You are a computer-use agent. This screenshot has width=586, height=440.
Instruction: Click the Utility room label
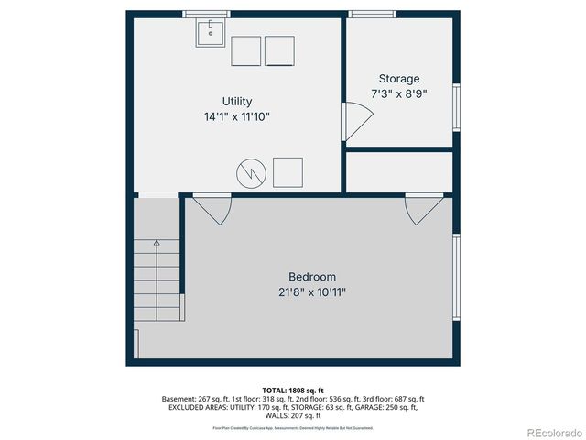[237, 102]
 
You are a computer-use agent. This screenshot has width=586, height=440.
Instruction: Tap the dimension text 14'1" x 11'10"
[237, 117]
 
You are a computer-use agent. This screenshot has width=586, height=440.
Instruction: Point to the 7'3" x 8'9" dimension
[399, 93]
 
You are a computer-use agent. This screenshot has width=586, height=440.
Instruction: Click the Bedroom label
[312, 277]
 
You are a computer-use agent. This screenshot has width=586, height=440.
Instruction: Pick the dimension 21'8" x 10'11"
[312, 292]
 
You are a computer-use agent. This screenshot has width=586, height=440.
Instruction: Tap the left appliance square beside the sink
[246, 50]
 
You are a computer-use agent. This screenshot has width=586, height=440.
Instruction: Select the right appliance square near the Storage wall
[279, 50]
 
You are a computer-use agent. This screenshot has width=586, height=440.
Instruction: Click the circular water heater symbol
[251, 171]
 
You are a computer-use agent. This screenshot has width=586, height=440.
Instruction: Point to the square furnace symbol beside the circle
[288, 171]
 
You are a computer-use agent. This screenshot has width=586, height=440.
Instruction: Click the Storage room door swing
[356, 121]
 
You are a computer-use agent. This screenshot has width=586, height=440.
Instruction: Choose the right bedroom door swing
[422, 210]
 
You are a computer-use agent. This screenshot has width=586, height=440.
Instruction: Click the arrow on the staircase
[157, 244]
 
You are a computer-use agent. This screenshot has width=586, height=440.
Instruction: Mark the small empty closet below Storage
[399, 171]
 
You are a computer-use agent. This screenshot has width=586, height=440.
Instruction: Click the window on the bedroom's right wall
[456, 276]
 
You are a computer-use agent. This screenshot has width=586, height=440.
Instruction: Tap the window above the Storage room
[373, 14]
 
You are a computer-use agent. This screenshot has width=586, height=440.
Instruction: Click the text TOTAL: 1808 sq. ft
[293, 390]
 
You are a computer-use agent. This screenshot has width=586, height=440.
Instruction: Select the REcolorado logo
[548, 432]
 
